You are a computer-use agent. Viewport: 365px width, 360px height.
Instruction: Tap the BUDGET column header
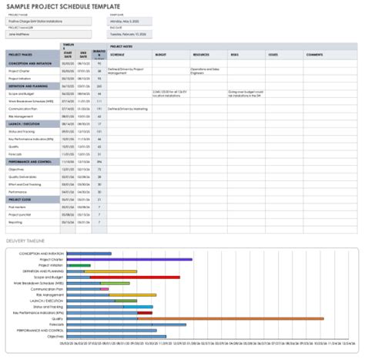(x=160, y=56)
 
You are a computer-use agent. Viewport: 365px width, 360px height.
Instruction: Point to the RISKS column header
(x=235, y=56)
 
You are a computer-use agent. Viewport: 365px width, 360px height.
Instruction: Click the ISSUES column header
(x=273, y=56)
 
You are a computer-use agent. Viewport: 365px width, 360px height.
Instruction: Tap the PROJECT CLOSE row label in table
(x=21, y=199)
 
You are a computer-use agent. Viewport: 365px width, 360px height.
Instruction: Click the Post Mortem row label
(x=18, y=207)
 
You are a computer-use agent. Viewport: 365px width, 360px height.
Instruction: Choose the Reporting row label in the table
(x=16, y=221)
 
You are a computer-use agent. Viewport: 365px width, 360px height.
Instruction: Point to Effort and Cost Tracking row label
(x=25, y=183)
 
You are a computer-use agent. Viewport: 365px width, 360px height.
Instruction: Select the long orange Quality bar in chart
(x=231, y=296)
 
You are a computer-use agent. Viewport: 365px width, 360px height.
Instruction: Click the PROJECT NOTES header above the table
(x=122, y=47)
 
